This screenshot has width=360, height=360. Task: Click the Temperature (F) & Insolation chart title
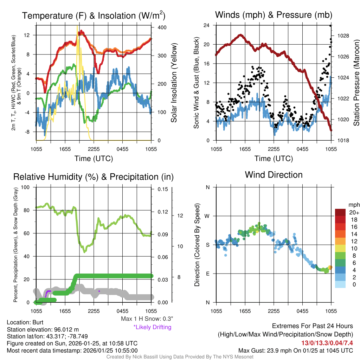pyautogui.click(x=94, y=15)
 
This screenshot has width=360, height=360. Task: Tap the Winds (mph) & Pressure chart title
pyautogui.click(x=274, y=15)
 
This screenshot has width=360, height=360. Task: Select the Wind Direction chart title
pyautogui.click(x=274, y=175)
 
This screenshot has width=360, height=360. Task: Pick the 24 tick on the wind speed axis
pyautogui.click(x=207, y=25)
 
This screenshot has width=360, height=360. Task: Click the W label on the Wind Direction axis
pyautogui.click(x=207, y=216)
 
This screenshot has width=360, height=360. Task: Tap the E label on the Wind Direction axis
pyautogui.click(x=207, y=274)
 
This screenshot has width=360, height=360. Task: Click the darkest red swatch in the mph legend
pyautogui.click(x=340, y=212)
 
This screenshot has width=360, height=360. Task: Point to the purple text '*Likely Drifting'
pyautogui.click(x=152, y=327)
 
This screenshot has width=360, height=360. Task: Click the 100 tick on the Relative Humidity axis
pyautogui.click(x=26, y=187)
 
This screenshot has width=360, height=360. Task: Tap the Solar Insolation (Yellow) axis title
pyautogui.click(x=174, y=83)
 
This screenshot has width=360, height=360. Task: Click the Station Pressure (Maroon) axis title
pyautogui.click(x=356, y=83)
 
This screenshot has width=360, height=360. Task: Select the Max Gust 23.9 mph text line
pyautogui.click(x=295, y=350)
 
